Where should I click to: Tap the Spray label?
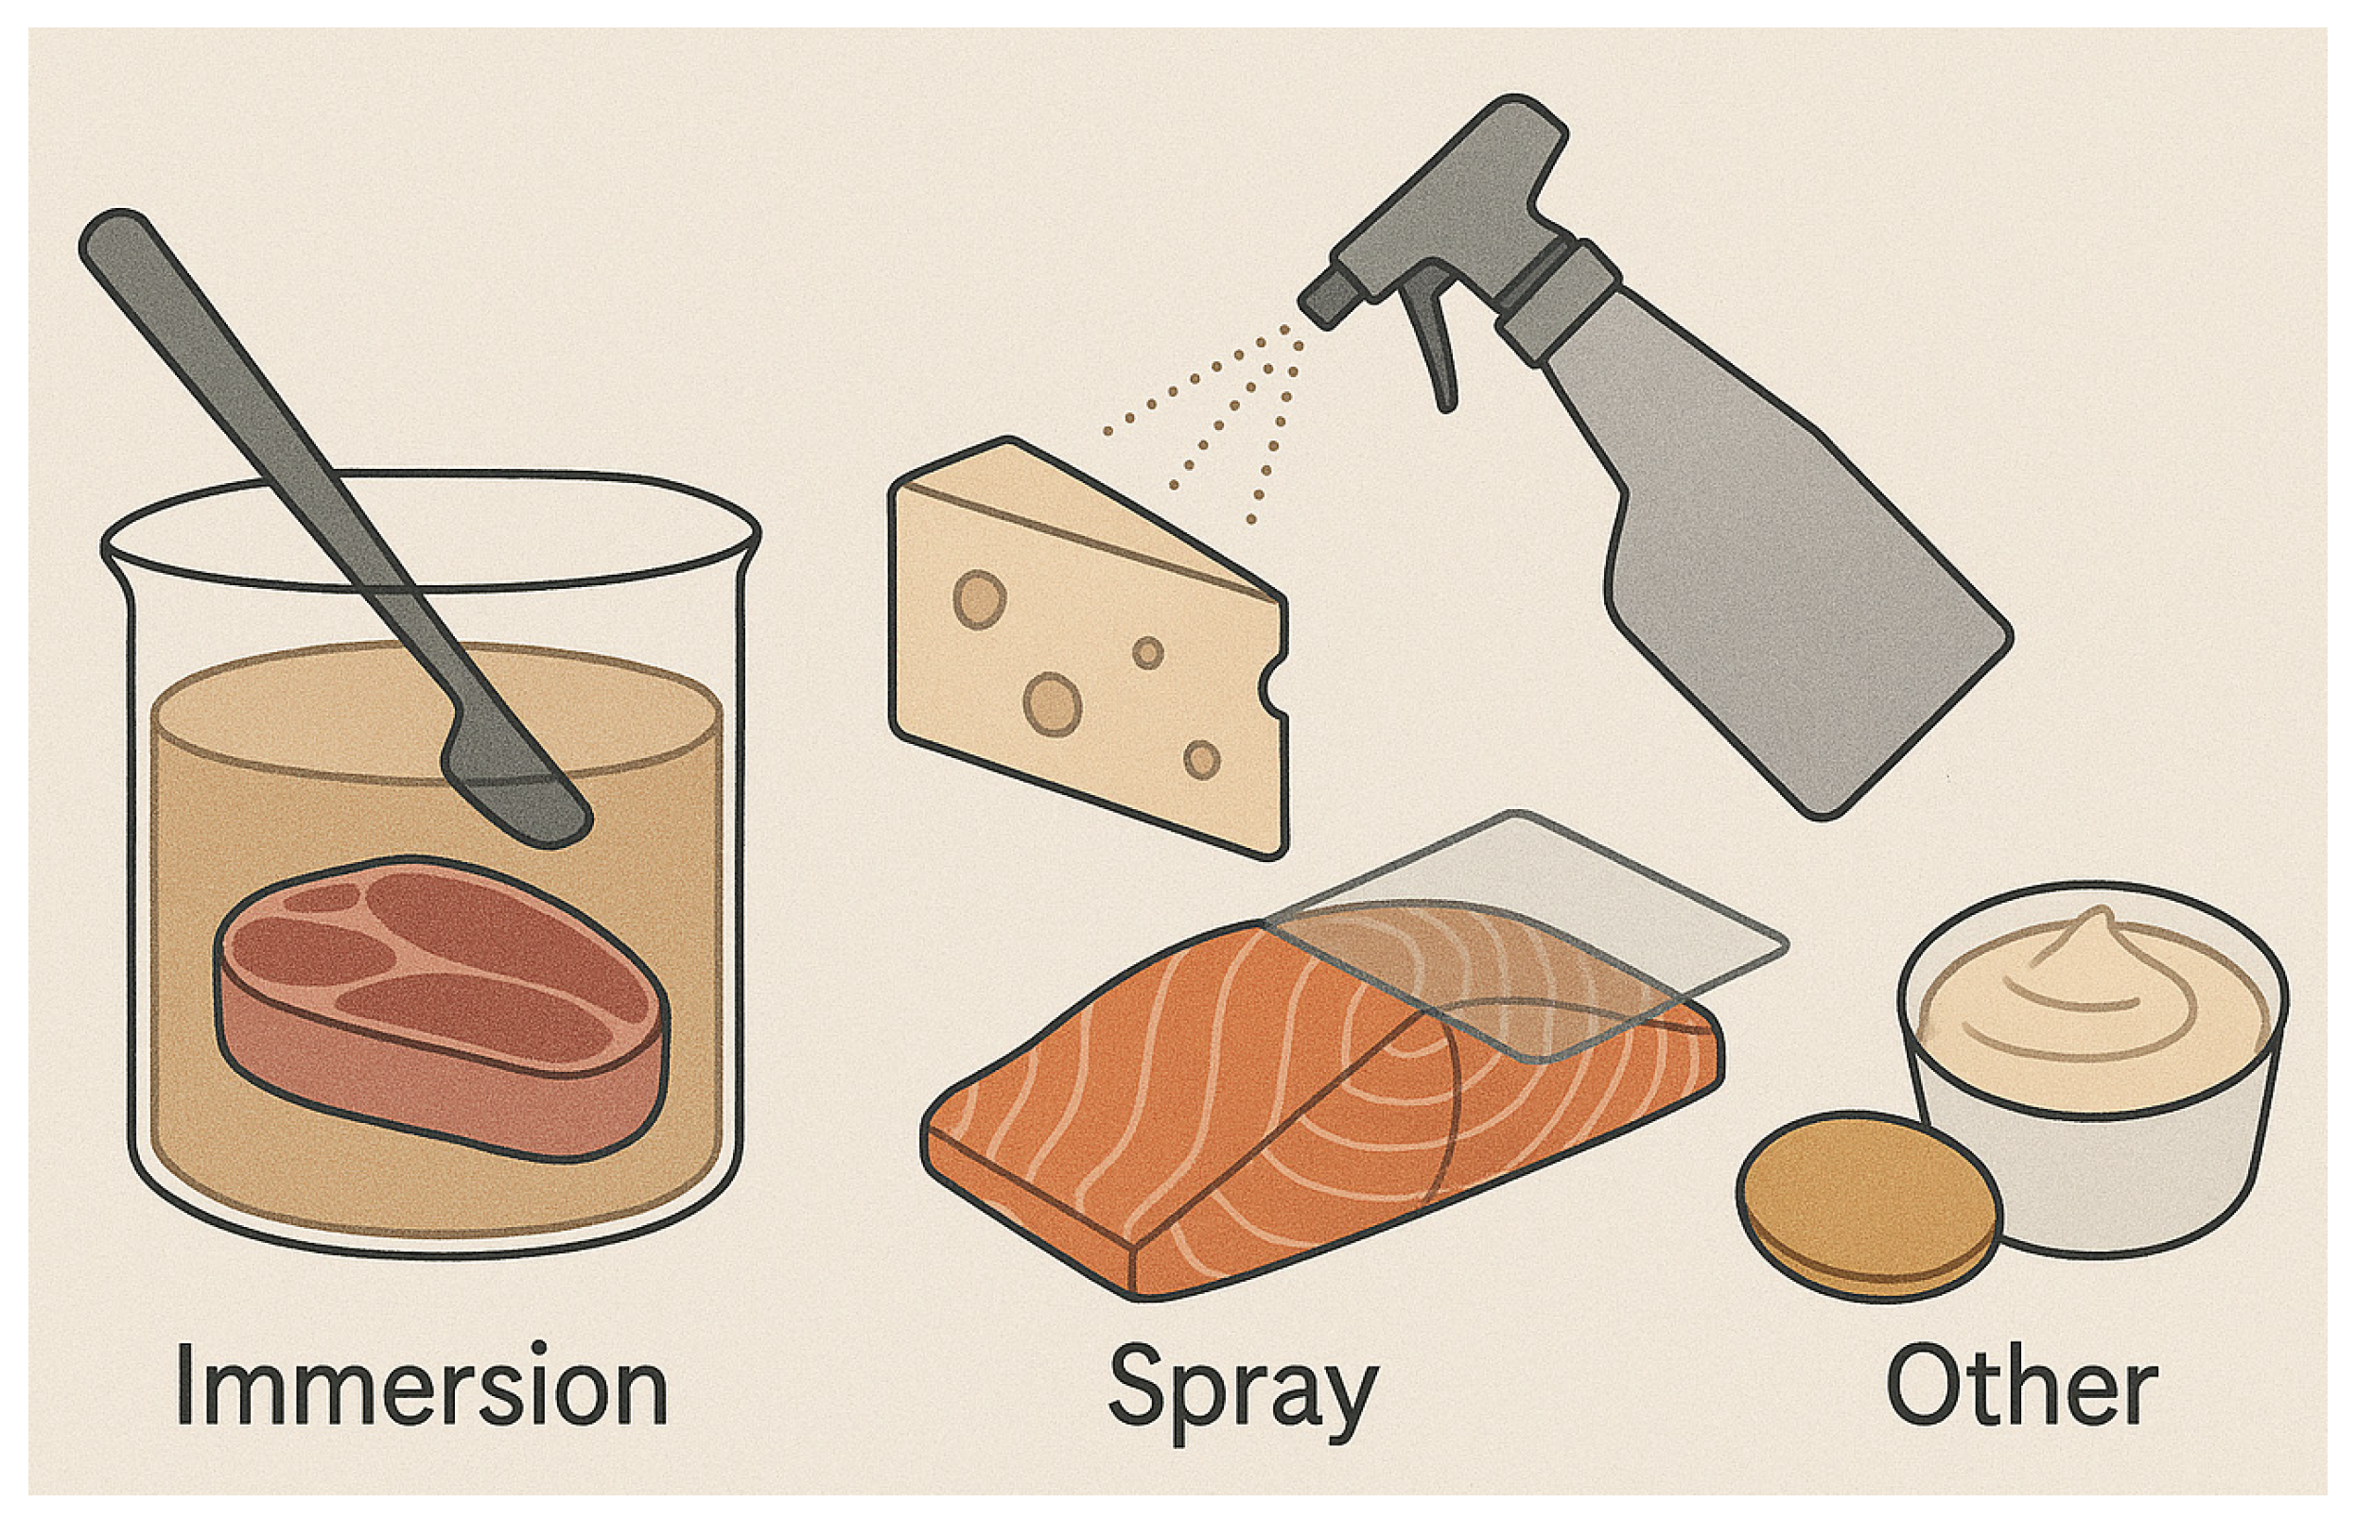coord(1241,1388)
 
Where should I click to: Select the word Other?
coord(2021,1384)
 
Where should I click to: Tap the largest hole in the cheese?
coord(1052,703)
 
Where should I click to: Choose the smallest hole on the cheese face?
coord(1147,652)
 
